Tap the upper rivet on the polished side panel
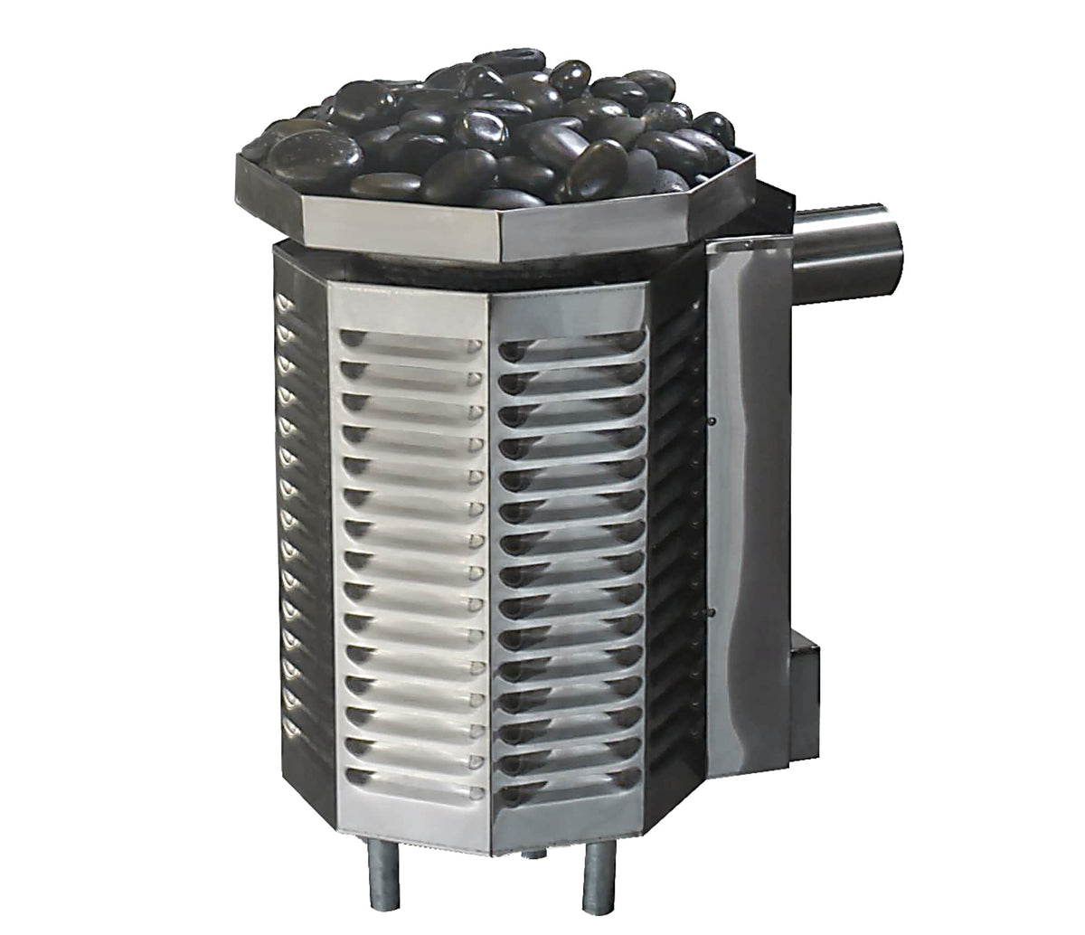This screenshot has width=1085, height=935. click(x=712, y=420)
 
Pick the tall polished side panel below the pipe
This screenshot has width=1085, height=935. click(x=750, y=506)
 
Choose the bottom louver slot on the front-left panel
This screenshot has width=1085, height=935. click(x=411, y=775)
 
